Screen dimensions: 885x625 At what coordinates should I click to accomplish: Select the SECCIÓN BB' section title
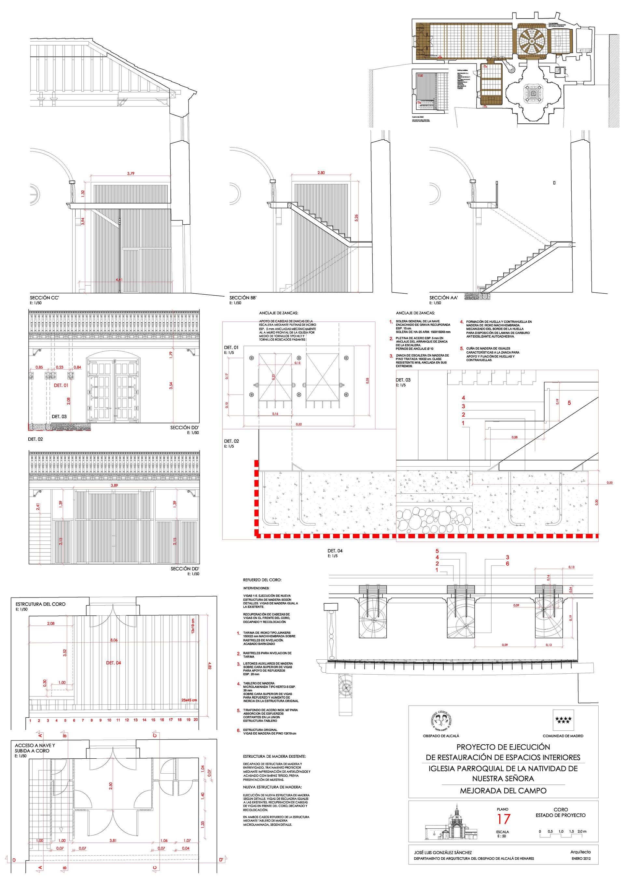(x=243, y=298)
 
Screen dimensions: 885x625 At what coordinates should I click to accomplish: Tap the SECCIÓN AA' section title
(x=443, y=298)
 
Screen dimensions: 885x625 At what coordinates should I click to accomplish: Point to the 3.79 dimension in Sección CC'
(x=131, y=174)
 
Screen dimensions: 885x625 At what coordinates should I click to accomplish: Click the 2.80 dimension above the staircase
(x=321, y=173)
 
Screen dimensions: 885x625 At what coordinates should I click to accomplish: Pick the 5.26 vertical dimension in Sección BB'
(x=356, y=218)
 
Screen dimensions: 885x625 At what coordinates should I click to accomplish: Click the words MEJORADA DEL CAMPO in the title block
(x=503, y=791)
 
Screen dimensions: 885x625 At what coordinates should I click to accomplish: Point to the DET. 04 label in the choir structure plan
(x=114, y=663)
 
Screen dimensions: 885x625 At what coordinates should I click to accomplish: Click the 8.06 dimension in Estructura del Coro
(x=114, y=640)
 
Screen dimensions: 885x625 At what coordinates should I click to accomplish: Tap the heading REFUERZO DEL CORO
(x=262, y=580)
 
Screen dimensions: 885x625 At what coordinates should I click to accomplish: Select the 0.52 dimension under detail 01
(x=299, y=424)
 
